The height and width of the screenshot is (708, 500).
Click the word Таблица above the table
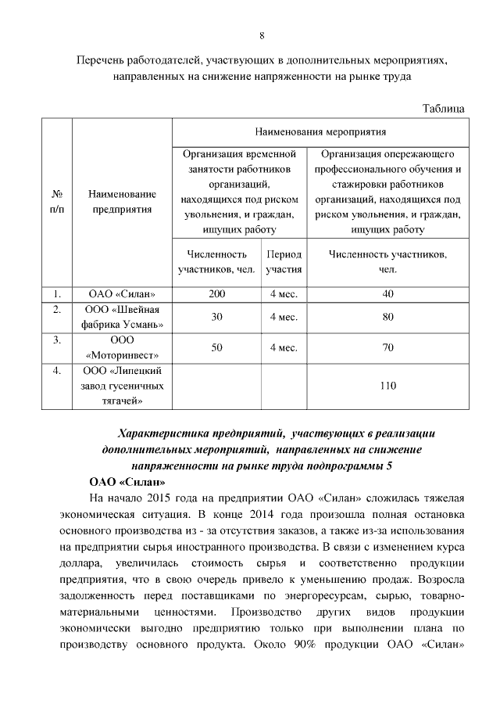(444, 108)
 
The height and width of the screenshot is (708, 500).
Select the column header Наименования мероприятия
(320, 131)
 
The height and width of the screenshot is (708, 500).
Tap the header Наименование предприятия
(122, 203)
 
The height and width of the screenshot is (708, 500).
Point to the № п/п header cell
(57, 203)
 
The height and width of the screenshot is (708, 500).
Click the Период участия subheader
(284, 261)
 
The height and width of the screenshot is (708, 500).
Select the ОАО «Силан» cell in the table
(122, 294)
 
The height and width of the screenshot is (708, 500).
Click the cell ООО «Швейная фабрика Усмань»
(123, 317)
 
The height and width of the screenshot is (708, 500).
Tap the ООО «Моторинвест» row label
(123, 347)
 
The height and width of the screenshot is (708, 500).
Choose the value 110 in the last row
(387, 386)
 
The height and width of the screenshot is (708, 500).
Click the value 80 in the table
(387, 317)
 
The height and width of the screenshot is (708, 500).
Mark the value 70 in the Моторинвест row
(387, 347)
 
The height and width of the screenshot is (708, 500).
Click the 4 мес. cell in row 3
(284, 347)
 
